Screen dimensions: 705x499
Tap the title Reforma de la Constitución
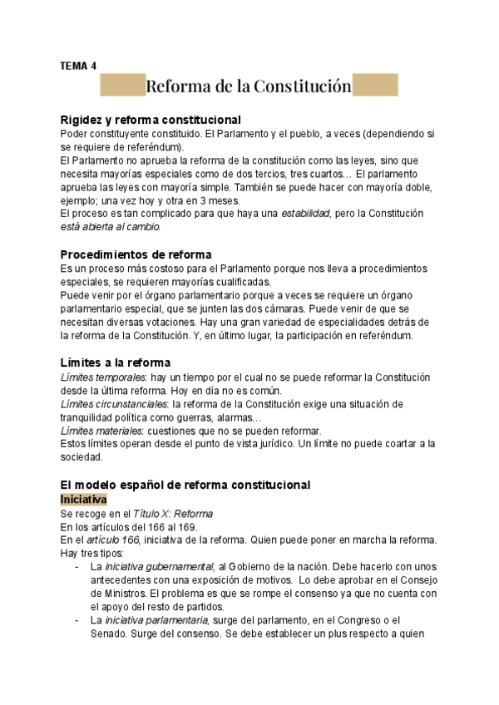tap(248, 86)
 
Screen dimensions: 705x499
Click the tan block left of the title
tap(122, 86)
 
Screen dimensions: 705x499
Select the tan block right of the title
tap(375, 86)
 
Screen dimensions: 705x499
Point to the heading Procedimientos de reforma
tap(136, 254)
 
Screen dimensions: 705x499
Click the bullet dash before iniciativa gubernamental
tap(77, 565)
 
